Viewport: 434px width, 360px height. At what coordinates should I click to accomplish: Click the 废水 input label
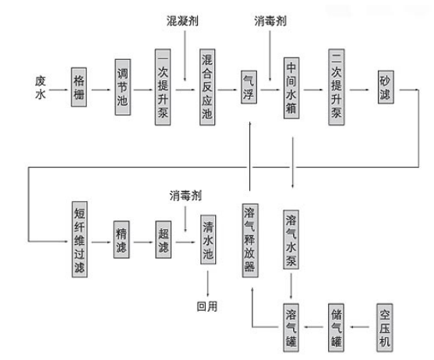pos(41,87)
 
